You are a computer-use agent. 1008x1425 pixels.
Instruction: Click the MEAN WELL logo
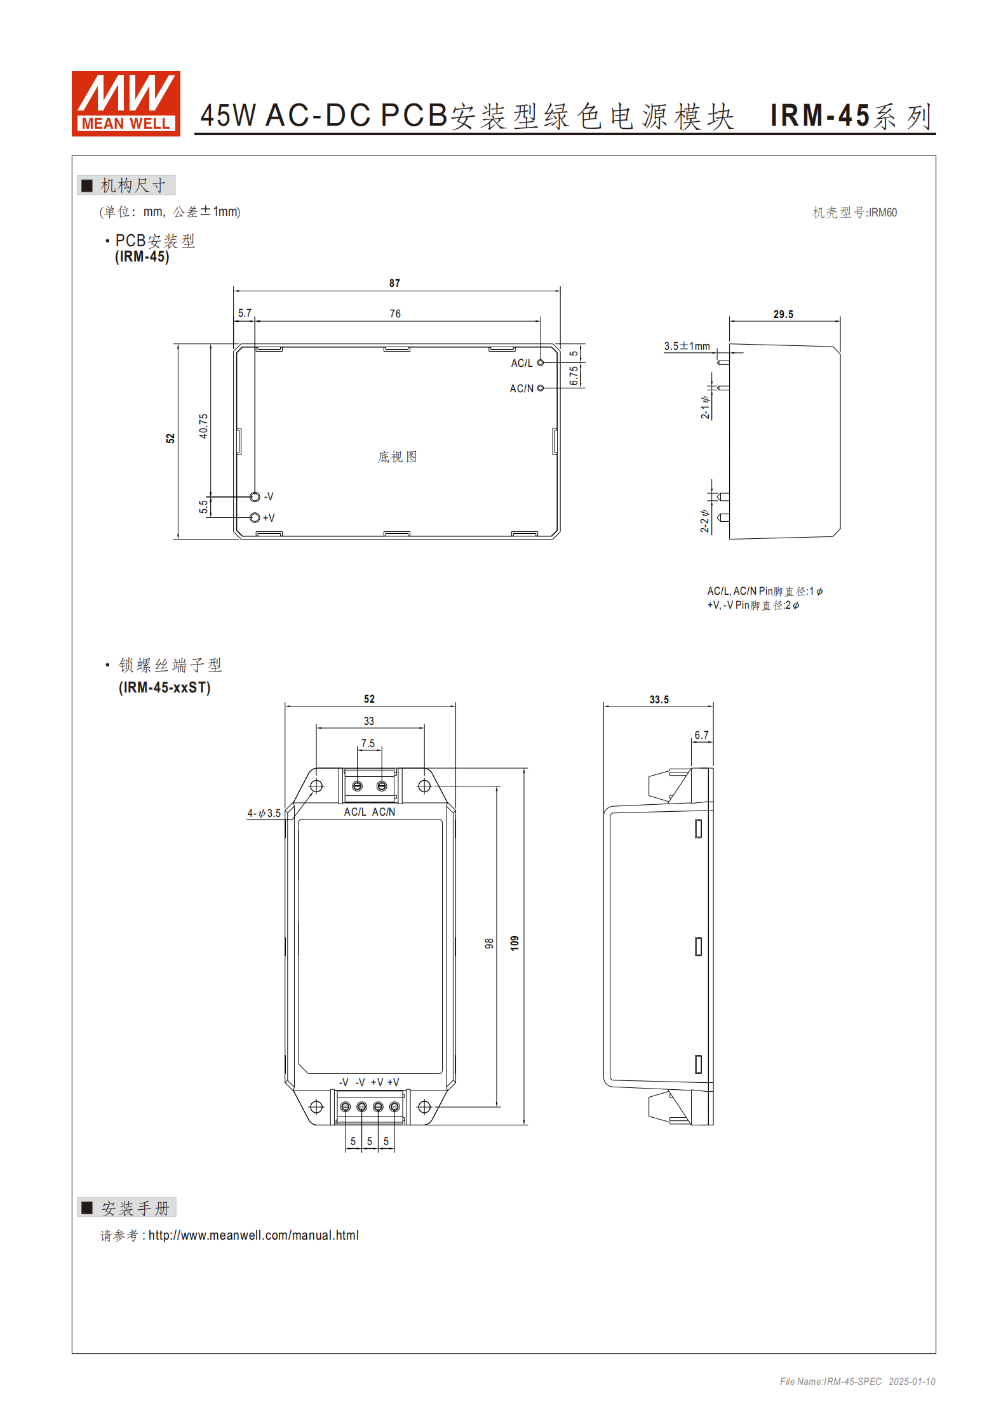click(x=126, y=103)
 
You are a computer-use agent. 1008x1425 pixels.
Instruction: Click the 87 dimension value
click(x=394, y=283)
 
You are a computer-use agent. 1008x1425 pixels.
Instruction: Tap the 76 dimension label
click(x=395, y=314)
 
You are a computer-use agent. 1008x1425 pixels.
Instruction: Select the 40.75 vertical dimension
click(x=203, y=426)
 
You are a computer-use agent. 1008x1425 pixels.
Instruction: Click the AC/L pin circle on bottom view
click(x=541, y=362)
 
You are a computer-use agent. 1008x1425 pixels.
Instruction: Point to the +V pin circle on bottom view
click(x=255, y=517)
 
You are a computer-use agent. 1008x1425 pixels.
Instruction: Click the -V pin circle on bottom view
click(x=255, y=496)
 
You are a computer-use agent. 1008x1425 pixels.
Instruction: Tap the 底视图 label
click(x=397, y=456)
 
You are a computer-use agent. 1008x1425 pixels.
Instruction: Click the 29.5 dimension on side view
click(x=783, y=314)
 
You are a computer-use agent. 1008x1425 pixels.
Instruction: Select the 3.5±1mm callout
click(x=687, y=346)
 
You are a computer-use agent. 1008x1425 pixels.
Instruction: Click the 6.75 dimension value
click(x=574, y=375)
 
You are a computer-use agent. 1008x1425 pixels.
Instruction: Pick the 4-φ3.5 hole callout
click(x=264, y=813)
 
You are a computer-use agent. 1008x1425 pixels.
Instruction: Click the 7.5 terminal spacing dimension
click(x=368, y=743)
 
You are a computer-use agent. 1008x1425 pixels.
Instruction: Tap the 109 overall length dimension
click(x=514, y=943)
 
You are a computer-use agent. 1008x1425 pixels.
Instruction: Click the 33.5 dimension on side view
click(x=659, y=699)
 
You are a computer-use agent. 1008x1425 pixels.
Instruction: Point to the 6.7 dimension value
click(x=701, y=735)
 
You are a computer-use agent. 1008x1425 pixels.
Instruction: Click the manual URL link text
click(x=253, y=1235)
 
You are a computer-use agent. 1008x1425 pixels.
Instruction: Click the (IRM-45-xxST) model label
click(x=165, y=687)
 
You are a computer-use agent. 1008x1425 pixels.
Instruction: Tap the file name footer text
click(x=857, y=1382)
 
